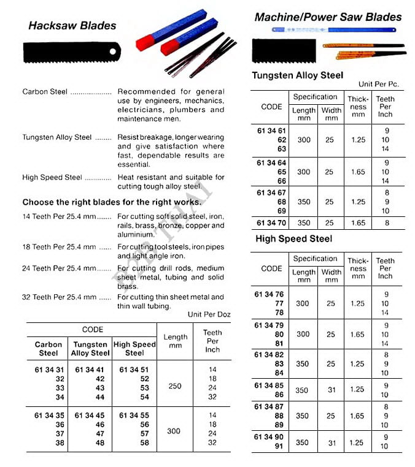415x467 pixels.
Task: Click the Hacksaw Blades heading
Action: (x=72, y=26)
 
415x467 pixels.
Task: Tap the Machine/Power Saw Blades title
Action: (x=328, y=17)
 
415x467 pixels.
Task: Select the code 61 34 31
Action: (x=48, y=370)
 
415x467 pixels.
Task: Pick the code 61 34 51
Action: (x=134, y=370)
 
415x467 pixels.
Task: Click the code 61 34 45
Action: (x=90, y=415)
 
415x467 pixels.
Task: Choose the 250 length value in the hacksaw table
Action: (x=174, y=386)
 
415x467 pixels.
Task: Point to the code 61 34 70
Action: (x=271, y=224)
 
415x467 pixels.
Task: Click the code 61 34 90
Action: (x=271, y=437)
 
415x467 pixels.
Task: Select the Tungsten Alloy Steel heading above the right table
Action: (x=298, y=75)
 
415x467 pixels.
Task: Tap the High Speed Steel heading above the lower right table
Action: (x=293, y=239)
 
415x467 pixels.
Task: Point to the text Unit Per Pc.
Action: (x=378, y=84)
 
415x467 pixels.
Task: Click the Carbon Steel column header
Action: (x=48, y=349)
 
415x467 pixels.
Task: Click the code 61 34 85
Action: (x=271, y=385)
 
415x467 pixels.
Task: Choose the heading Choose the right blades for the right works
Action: (x=112, y=202)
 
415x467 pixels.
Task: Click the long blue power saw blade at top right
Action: (x=335, y=29)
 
